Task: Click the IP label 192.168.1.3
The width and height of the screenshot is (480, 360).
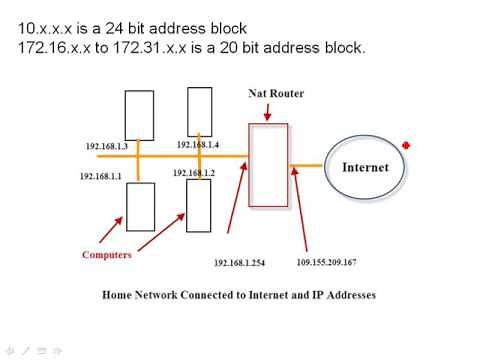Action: point(107,146)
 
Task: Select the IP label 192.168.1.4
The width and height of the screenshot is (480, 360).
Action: point(197,145)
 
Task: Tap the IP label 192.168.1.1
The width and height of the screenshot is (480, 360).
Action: point(101,176)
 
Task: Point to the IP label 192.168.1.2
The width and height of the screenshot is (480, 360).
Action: point(193,173)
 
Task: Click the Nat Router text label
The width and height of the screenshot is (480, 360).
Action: point(275,93)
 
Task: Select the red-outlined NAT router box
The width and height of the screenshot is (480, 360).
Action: point(268,165)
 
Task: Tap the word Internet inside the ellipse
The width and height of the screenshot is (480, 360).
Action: point(365,167)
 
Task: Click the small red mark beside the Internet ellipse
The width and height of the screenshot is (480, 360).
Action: point(406,146)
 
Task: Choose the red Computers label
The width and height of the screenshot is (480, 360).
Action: point(107,255)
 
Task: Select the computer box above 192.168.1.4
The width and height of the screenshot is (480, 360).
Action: point(199,112)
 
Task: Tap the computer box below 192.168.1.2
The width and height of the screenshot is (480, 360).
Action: point(199,205)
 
